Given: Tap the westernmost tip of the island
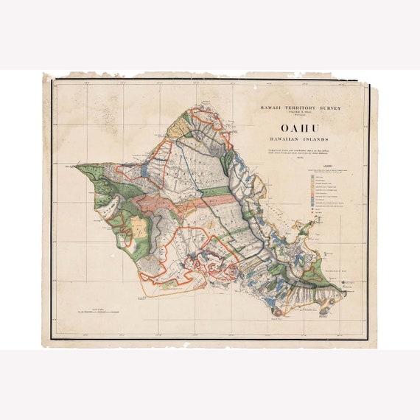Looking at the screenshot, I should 75,167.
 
